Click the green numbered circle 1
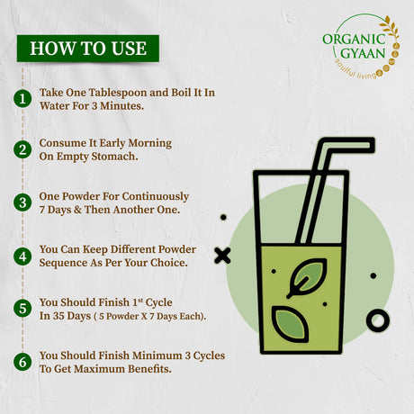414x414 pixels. click(x=22, y=99)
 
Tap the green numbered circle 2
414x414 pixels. click(x=22, y=149)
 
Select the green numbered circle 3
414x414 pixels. click(x=22, y=202)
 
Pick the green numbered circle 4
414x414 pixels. click(x=22, y=256)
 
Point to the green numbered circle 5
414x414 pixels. click(x=22, y=309)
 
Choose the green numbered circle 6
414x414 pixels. click(x=22, y=362)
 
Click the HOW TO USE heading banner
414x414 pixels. click(x=88, y=49)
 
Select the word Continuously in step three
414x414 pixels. click(x=156, y=196)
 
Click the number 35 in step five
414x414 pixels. click(x=58, y=316)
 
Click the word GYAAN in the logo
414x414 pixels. click(x=363, y=53)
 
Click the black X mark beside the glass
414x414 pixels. click(x=222, y=256)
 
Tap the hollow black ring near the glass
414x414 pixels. click(x=378, y=320)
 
